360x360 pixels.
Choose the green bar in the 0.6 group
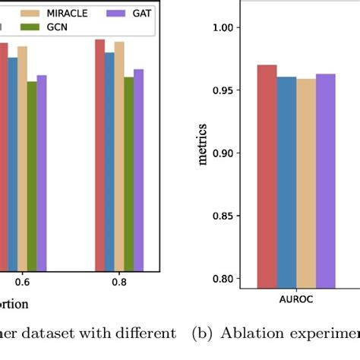click(31, 175)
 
